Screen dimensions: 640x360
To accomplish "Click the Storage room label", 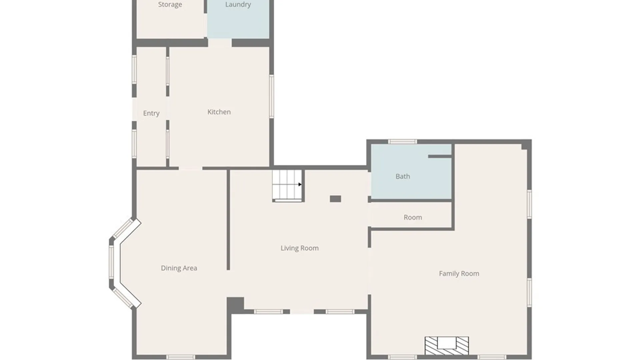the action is [x=170, y=4].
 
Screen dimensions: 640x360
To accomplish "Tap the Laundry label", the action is [x=238, y=4].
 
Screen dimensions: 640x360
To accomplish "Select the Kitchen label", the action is [x=219, y=112].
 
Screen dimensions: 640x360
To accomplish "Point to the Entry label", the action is [x=151, y=113].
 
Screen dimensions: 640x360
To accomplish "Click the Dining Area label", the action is [x=179, y=268].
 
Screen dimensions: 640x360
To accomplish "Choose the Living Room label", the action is [x=300, y=248].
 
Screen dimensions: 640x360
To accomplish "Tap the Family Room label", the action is [x=459, y=274].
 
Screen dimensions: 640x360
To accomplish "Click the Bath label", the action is [x=403, y=176].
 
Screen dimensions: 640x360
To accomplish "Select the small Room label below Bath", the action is [x=413, y=217].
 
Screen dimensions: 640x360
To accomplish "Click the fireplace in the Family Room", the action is [x=447, y=346].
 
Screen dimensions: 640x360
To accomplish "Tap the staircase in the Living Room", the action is [x=287, y=186].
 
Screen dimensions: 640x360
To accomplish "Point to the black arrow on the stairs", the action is [x=300, y=184].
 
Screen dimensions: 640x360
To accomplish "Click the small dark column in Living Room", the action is [x=335, y=199].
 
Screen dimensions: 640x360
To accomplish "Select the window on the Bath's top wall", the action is [x=402, y=142].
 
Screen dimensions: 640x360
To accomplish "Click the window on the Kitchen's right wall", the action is [x=272, y=96].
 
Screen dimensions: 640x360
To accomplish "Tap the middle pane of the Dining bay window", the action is [x=112, y=262].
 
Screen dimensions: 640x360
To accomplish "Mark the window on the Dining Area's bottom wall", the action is [x=181, y=357].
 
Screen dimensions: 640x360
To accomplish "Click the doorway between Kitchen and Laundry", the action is [x=220, y=43].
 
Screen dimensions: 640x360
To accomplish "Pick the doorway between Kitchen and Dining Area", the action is [x=191, y=168].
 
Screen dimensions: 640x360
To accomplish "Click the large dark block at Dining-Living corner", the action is [x=235, y=305].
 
